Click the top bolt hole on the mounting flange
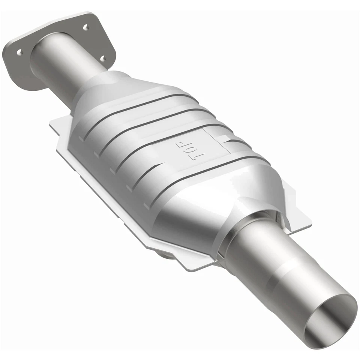coord(85,27)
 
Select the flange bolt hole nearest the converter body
coord(102,58)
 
